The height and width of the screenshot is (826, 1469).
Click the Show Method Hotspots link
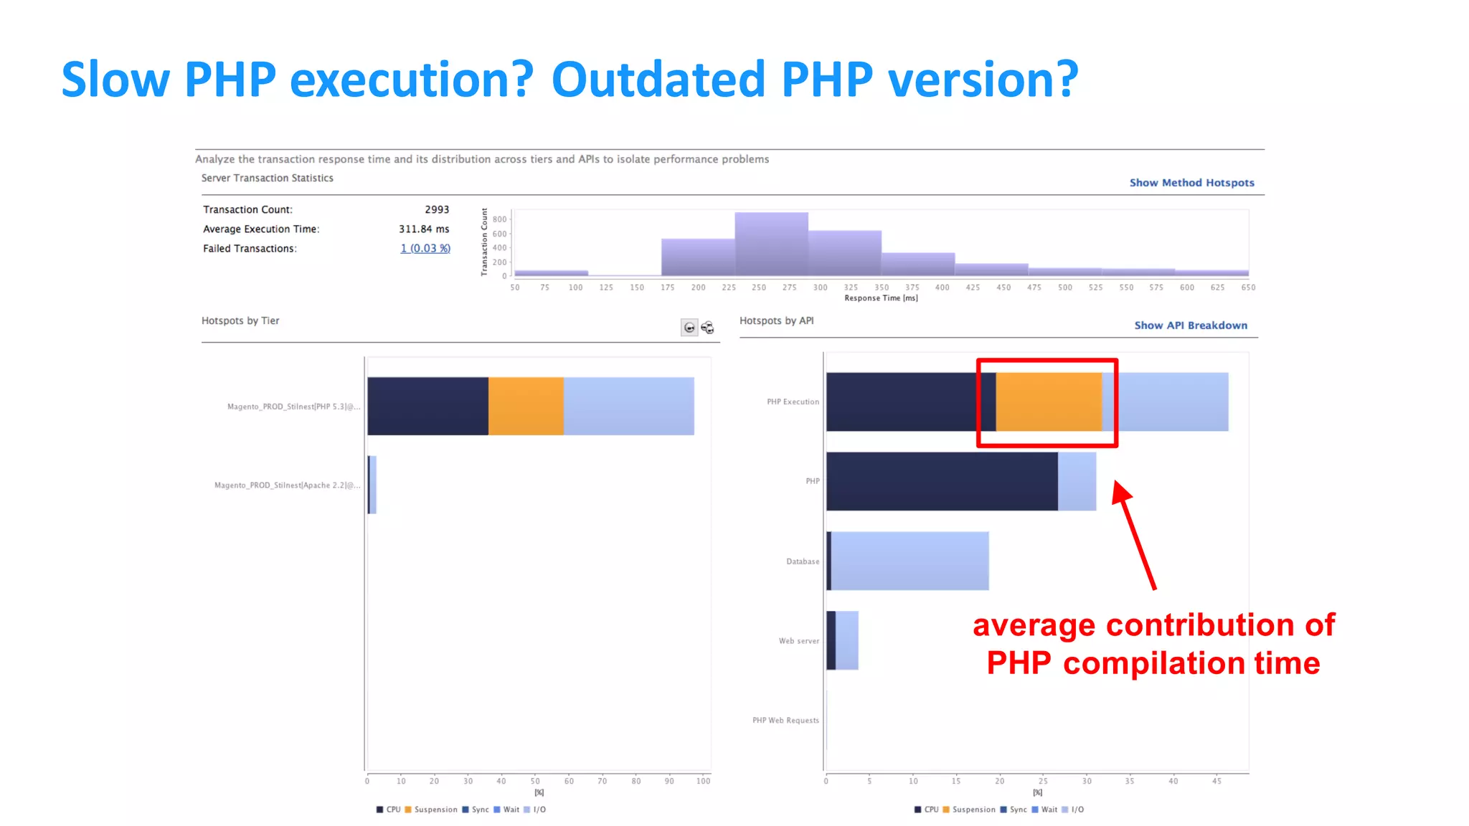[x=1191, y=183]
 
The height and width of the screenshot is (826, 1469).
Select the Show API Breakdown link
[x=1190, y=326]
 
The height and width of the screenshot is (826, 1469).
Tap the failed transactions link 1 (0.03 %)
[x=425, y=248]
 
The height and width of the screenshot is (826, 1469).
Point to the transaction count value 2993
[x=436, y=209]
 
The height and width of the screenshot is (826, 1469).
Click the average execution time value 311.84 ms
[x=424, y=229]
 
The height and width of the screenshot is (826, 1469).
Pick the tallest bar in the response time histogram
[x=771, y=244]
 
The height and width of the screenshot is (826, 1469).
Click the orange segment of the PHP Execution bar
[x=1048, y=402]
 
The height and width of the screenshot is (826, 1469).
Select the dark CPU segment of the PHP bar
[x=941, y=481]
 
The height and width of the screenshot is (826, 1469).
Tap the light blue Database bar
[x=910, y=561]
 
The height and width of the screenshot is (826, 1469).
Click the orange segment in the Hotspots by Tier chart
[x=526, y=406]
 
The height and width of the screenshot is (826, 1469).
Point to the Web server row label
[x=798, y=641]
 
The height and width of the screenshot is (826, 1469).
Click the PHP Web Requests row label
[x=785, y=721]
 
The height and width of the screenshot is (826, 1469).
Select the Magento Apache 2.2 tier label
[x=287, y=485]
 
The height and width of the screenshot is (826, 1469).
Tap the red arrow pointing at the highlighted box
[x=1135, y=534]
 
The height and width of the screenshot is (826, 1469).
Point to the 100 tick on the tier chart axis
[x=703, y=781]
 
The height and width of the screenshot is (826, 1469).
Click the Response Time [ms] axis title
[x=881, y=298]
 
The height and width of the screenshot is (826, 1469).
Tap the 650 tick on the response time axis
[x=1248, y=288]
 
